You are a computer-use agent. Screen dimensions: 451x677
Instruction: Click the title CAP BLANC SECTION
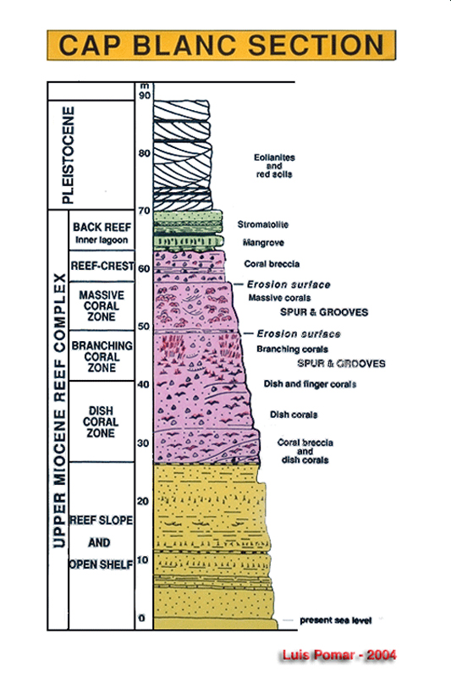pos(221,45)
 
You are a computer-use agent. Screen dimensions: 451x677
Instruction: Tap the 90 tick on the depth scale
pos(145,95)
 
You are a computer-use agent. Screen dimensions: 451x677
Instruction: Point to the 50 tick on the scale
pos(144,327)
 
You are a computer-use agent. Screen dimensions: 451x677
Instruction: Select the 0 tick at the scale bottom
pos(141,619)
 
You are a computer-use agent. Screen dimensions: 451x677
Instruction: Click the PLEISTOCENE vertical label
pos(69,155)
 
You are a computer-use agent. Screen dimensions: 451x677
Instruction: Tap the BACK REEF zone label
pos(102,227)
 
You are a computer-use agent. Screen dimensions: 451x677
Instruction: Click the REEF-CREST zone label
pos(102,266)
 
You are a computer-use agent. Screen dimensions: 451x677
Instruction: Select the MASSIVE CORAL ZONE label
pos(102,305)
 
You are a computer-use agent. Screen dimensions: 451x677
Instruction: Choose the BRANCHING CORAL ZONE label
pos(102,356)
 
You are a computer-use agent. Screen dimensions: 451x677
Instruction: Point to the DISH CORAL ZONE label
pos(101,421)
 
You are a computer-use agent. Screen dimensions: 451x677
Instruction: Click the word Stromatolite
pos(263,224)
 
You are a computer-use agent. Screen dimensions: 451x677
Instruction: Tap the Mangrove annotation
pos(263,243)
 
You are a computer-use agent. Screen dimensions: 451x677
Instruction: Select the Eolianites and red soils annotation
pos(274,166)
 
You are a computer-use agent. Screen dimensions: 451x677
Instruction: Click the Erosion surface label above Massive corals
pos(289,284)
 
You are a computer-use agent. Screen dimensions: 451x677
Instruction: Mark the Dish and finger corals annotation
pos(310,384)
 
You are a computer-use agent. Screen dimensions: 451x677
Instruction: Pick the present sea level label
pos(336,620)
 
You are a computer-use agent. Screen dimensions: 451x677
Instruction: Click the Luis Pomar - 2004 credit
pos(339,655)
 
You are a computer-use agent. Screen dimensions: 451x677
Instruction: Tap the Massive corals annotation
pos(279,298)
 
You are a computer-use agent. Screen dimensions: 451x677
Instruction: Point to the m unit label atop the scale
pos(145,86)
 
